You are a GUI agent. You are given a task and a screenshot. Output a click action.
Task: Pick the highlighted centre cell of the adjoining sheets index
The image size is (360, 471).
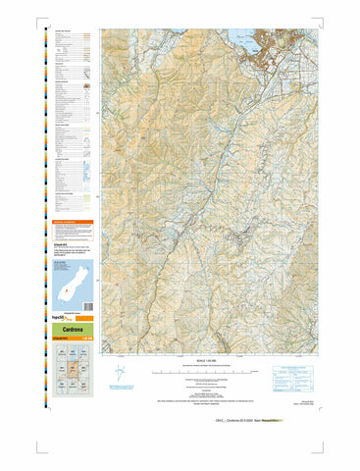click(x=73, y=370)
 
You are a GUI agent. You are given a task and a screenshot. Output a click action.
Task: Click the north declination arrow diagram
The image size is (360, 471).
click(x=121, y=374)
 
